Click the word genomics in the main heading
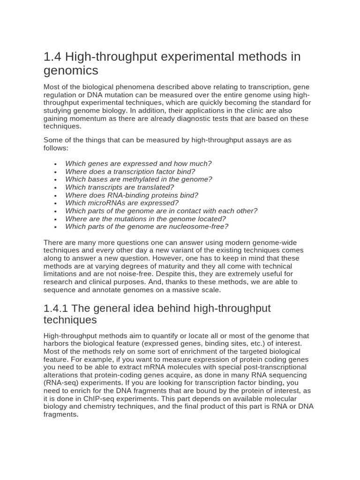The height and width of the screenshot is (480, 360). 71,71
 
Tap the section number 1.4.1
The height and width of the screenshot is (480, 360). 56,308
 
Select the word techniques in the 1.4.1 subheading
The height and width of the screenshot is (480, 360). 70,320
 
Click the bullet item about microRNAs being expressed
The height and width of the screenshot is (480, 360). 122,203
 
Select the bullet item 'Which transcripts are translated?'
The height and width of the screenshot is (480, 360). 120,187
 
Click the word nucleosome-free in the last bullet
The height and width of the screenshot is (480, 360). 200,227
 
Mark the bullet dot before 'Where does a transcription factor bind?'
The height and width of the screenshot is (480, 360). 55,172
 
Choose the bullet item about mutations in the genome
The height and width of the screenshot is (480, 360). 145,219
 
